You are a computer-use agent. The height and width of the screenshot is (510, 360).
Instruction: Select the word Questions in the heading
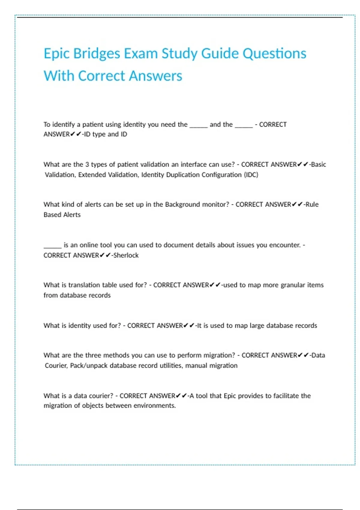click(274, 54)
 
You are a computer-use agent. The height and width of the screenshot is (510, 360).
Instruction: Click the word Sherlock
click(126, 255)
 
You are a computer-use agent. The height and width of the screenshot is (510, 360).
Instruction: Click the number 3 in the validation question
click(87, 164)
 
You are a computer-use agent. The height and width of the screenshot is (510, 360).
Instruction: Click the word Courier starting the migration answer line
click(56, 366)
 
